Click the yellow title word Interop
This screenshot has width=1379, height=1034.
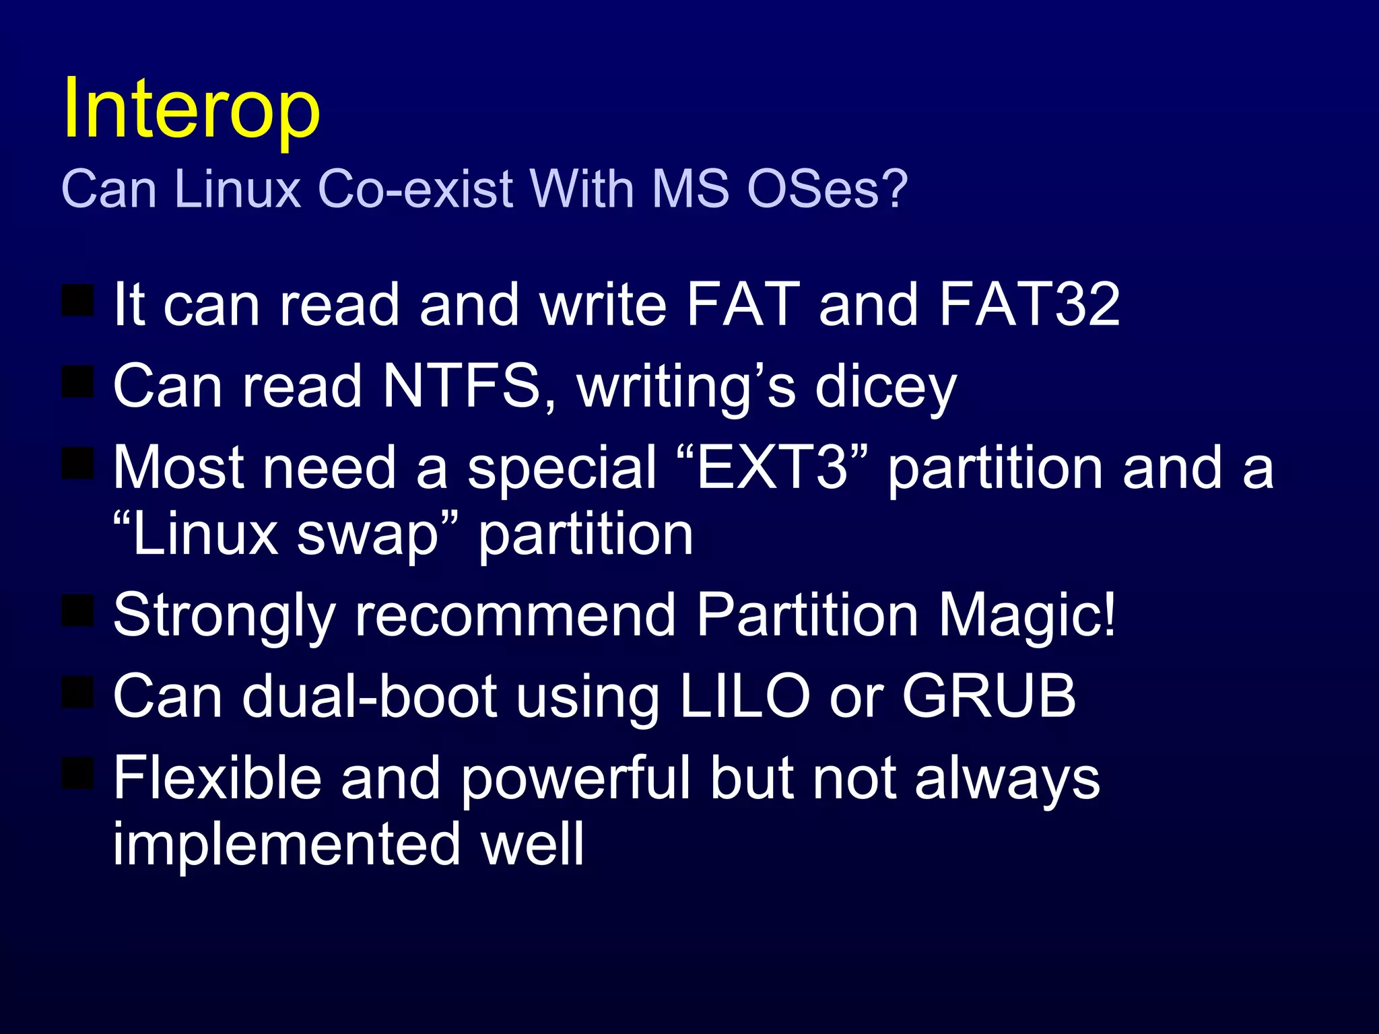191,108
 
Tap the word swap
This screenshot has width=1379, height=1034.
368,536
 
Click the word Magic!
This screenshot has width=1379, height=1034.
1027,615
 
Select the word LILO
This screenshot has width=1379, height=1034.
745,696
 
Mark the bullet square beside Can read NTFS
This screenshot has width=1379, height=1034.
77,382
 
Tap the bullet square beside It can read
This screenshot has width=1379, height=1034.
77,300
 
